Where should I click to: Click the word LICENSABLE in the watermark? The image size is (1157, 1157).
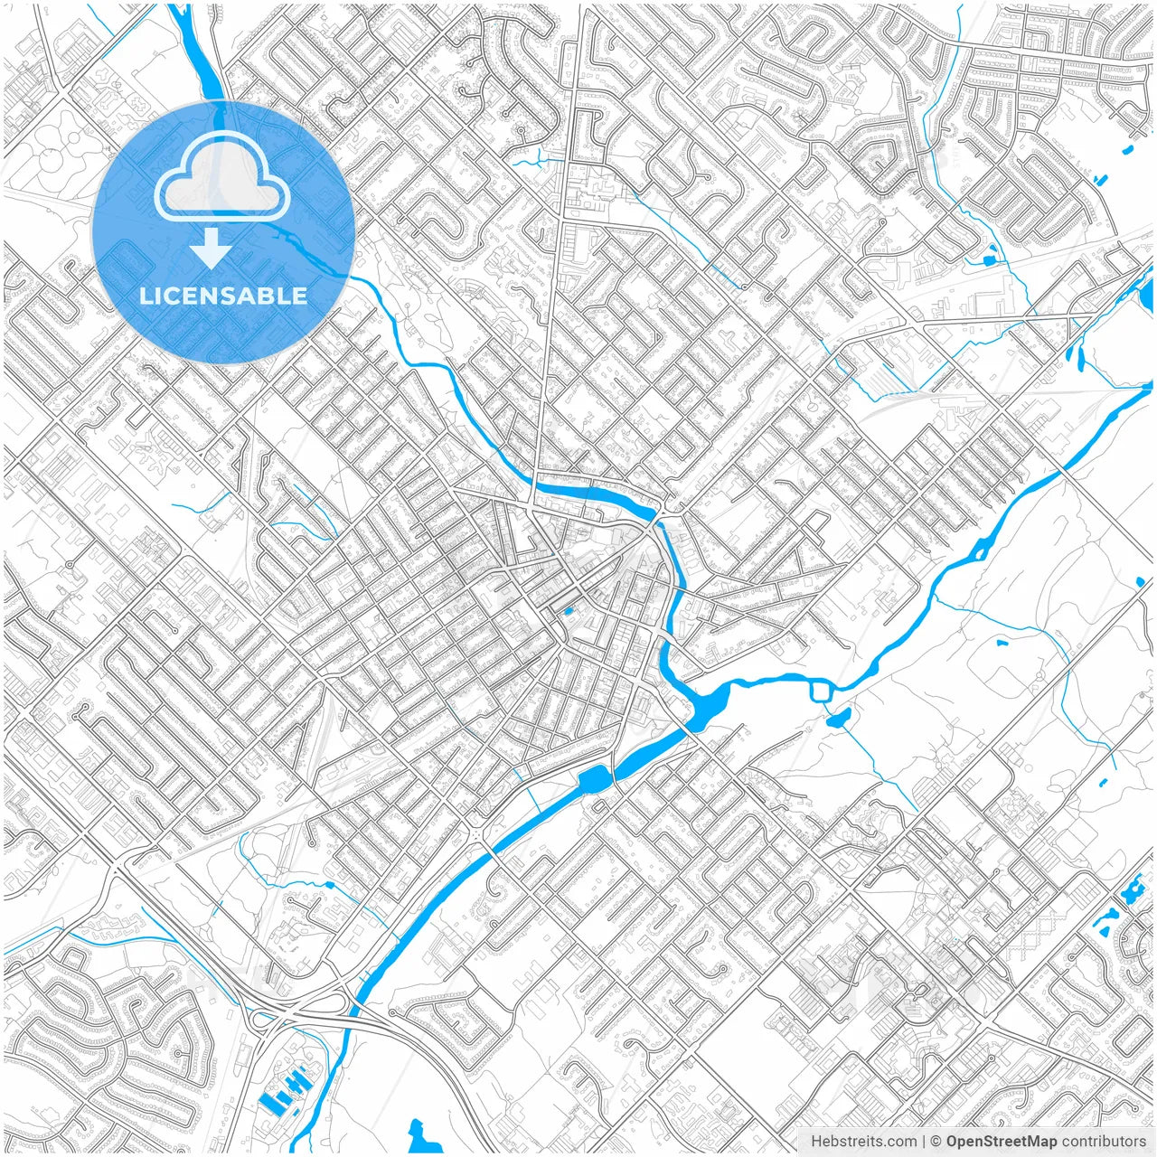222,296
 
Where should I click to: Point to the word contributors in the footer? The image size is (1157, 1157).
1104,1142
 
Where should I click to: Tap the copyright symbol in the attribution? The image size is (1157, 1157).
936,1142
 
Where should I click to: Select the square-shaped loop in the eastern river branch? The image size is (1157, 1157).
822,691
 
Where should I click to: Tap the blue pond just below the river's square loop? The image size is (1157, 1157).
838,720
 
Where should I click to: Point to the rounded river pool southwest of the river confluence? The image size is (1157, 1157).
594,778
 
